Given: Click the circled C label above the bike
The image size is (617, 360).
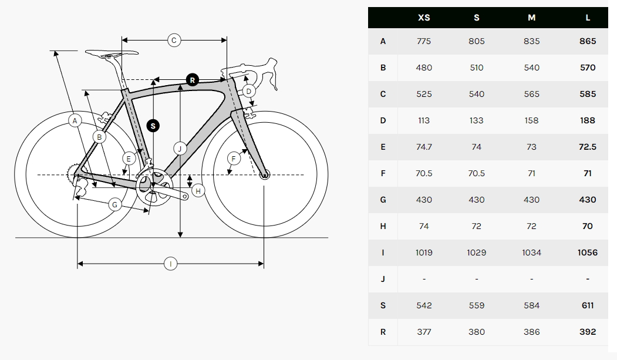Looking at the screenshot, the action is click(x=174, y=40).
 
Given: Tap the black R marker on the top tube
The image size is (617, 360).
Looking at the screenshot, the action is click(x=192, y=80).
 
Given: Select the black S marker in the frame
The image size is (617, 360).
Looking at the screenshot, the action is click(x=153, y=126).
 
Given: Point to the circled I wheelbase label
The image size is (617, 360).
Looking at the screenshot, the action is click(x=170, y=264).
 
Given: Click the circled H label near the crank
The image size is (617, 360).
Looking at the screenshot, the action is click(x=198, y=191).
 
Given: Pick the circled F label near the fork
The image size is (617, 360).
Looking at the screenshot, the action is click(x=234, y=159).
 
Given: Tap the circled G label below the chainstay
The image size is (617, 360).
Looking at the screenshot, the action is click(x=115, y=204).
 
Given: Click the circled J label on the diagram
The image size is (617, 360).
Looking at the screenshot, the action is click(x=180, y=149).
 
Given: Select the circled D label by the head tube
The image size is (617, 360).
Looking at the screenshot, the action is click(x=249, y=91).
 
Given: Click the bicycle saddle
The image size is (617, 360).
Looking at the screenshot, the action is click(x=112, y=53).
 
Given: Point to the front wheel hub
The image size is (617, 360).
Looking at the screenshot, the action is click(x=264, y=174).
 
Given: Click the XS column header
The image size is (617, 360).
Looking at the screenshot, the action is click(x=424, y=18).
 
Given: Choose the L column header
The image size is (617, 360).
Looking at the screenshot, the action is click(x=588, y=18).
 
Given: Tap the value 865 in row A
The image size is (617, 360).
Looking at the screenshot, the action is click(x=588, y=41).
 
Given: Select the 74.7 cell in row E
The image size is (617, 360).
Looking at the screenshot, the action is click(x=424, y=147).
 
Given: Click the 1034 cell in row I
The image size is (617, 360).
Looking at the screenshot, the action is click(x=531, y=253).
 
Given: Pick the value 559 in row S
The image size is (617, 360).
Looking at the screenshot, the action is click(x=477, y=305).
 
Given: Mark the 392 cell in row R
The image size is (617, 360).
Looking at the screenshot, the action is click(x=588, y=332).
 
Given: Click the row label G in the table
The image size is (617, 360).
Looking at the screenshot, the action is click(x=383, y=200).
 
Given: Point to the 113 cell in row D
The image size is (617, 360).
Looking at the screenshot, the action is click(x=424, y=120).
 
